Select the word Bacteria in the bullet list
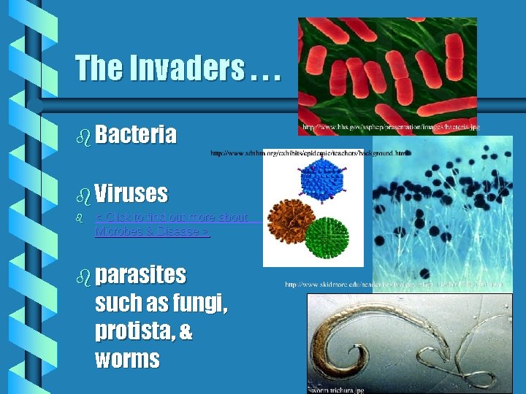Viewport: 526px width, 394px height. [x=135, y=135]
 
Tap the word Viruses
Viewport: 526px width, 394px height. [x=131, y=194]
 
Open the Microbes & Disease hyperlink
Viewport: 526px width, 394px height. [x=152, y=232]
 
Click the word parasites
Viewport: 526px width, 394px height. [x=140, y=275]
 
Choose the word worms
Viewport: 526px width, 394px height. [x=127, y=359]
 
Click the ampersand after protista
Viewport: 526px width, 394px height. [x=186, y=331]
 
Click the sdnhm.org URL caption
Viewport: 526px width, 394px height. [x=310, y=153]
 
